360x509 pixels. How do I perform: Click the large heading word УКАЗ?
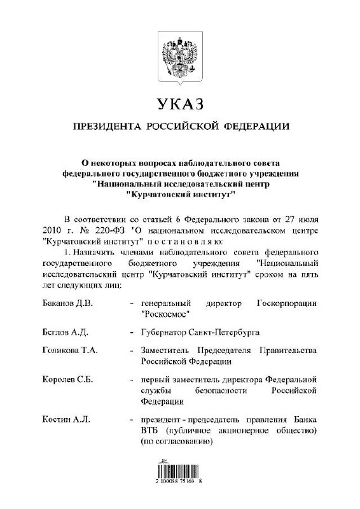(x=180, y=104)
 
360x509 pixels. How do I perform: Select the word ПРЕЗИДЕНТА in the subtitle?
(x=106, y=126)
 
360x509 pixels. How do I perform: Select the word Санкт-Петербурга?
(x=222, y=331)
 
